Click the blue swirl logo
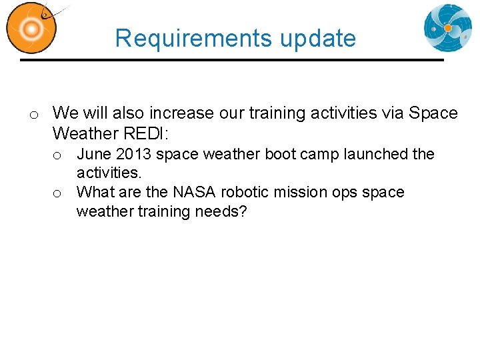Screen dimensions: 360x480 (x=447, y=28)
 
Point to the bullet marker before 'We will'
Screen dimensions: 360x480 (x=32, y=115)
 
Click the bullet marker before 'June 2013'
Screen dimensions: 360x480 (x=58, y=156)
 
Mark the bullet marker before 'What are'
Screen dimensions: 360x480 (x=58, y=194)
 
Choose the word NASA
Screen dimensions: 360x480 (x=195, y=192)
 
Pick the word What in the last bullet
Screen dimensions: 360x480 (x=95, y=192)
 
